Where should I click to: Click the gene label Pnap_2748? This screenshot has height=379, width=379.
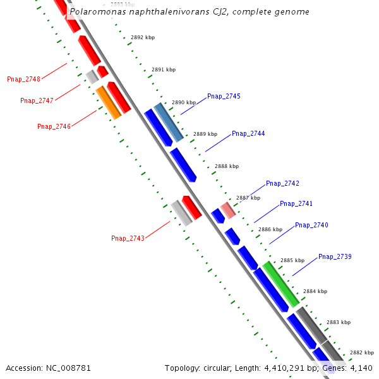pyautogui.click(x=23, y=79)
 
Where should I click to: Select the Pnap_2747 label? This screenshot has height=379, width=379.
pyautogui.click(x=37, y=100)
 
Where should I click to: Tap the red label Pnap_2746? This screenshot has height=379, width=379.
pyautogui.click(x=54, y=126)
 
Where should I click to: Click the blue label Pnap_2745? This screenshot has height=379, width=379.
pyautogui.click(x=224, y=96)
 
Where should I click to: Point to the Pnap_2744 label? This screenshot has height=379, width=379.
pyautogui.click(x=248, y=133)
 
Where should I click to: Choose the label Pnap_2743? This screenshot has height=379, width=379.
pyautogui.click(x=128, y=238)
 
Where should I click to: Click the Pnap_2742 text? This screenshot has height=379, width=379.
pyautogui.click(x=282, y=183)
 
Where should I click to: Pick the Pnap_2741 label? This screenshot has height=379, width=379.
pyautogui.click(x=296, y=203)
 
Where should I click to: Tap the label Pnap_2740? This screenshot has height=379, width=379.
pyautogui.click(x=311, y=225)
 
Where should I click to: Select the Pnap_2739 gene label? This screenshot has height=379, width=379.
pyautogui.click(x=335, y=256)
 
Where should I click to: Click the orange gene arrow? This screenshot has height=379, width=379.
pyautogui.click(x=109, y=102)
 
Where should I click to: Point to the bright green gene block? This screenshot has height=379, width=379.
pyautogui.click(x=281, y=284)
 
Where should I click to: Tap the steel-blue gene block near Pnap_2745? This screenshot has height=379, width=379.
pyautogui.click(x=169, y=122)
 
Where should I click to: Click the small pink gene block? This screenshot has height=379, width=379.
pyautogui.click(x=228, y=210)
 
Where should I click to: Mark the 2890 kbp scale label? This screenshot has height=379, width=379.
pyautogui.click(x=184, y=102)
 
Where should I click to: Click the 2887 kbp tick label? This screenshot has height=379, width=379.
pyautogui.click(x=248, y=198)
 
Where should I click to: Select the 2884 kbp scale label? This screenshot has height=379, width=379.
pyautogui.click(x=315, y=291)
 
